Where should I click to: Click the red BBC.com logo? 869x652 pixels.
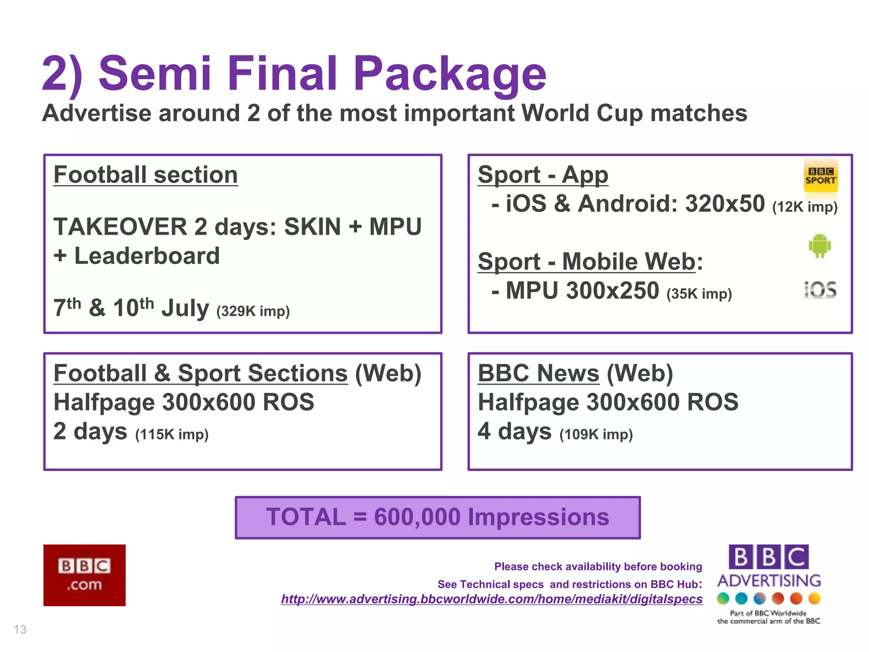84,575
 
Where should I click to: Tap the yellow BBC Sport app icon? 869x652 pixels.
821,176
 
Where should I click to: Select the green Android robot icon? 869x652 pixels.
819,245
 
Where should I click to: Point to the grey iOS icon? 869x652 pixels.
820,290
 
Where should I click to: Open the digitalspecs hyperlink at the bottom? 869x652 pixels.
491,599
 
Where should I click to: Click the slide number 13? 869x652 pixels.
20,629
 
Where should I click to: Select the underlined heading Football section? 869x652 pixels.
146,175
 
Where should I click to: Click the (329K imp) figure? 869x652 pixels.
253,311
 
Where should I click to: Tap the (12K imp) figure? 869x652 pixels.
805,207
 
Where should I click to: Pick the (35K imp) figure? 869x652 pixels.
699,294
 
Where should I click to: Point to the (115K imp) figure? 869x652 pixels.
172,434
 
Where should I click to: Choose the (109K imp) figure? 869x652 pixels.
596,434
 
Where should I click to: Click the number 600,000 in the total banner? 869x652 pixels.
417,517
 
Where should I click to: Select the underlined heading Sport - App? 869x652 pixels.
543,175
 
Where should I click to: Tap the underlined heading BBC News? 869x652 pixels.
538,374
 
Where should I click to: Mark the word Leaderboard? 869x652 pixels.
147,256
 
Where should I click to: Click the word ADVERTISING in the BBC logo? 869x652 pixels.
769,580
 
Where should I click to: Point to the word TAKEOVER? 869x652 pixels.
120,227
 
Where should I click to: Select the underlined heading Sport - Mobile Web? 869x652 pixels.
586,261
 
